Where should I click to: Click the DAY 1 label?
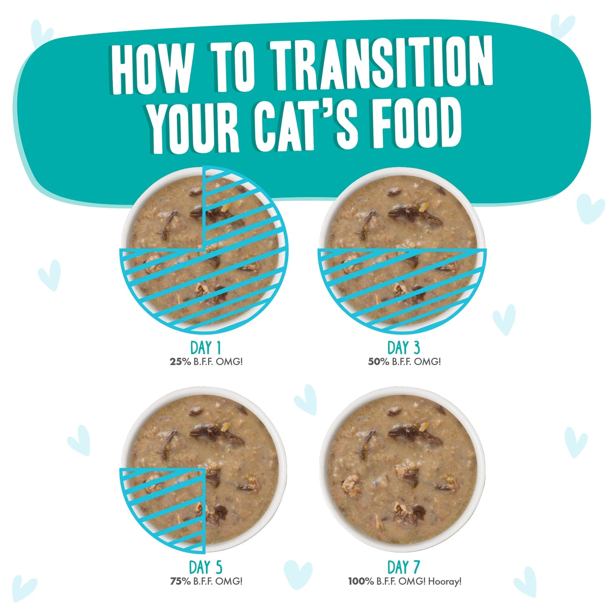point(205,348)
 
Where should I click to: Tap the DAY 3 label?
point(404,348)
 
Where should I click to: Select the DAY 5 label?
point(205,567)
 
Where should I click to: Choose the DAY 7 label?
point(404,567)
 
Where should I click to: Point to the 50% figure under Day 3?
point(379,362)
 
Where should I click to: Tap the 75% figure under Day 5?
point(180,581)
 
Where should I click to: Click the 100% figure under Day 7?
point(361,581)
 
